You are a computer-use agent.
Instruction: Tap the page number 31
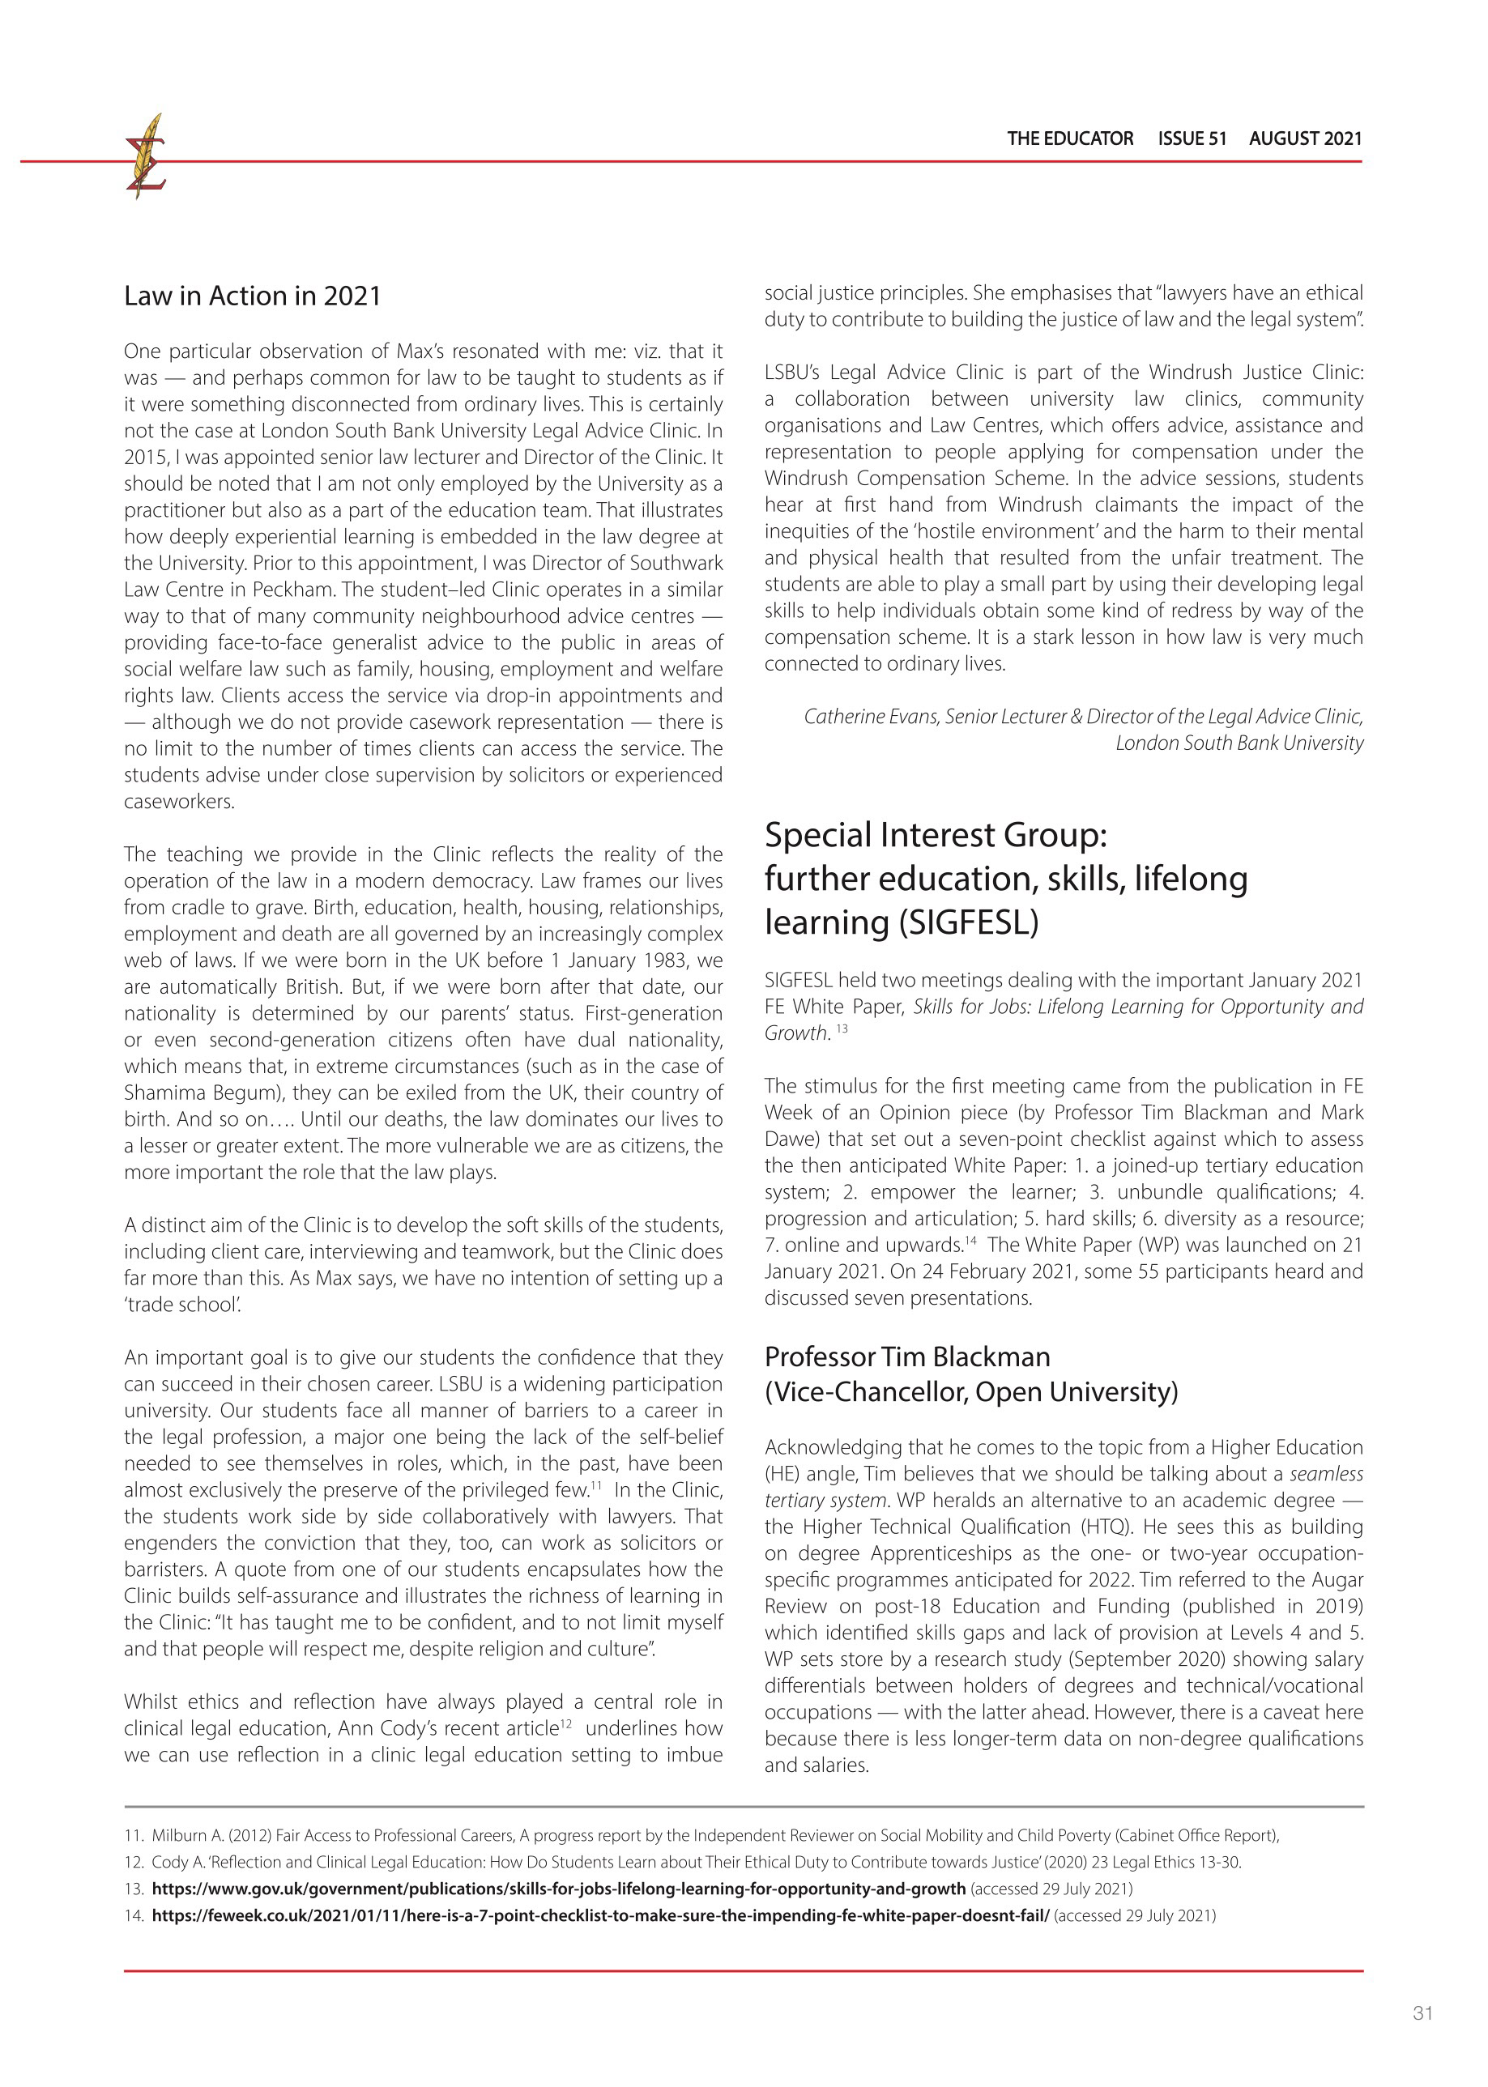(1422, 2012)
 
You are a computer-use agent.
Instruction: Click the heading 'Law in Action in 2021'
(252, 296)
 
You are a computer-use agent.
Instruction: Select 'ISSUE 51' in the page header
(1192, 138)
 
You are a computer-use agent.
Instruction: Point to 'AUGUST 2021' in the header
(1305, 138)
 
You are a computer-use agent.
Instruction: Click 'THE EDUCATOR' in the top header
(1069, 138)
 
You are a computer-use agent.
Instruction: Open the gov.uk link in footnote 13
(558, 1889)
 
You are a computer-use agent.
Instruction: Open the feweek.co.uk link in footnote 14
(600, 1915)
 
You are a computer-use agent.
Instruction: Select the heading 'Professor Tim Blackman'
(907, 1357)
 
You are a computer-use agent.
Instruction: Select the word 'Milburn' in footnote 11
(177, 1835)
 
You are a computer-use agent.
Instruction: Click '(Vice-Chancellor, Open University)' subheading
(971, 1391)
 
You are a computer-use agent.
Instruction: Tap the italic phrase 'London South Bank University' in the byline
(1239, 743)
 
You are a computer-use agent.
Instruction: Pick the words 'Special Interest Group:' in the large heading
(936, 835)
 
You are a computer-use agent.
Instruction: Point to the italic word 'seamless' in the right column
(1326, 1474)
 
